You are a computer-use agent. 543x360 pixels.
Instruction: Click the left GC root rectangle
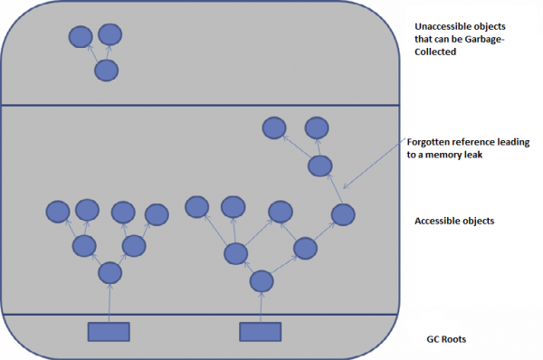[x=109, y=331]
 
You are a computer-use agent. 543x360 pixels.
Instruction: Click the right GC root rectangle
[x=261, y=331]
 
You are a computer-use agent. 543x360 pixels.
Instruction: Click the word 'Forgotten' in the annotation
[x=433, y=143]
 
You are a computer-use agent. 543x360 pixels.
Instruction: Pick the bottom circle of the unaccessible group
[x=107, y=71]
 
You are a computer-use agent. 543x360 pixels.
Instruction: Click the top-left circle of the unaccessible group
[x=80, y=38]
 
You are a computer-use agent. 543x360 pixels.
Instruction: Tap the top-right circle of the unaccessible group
[x=110, y=35]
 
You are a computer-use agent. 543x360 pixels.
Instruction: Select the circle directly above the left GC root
[x=110, y=271]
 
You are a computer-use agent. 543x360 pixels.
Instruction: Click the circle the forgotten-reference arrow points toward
[x=342, y=215]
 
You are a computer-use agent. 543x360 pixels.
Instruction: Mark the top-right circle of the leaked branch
[x=316, y=128]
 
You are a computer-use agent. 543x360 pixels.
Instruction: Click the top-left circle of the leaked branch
[x=274, y=128]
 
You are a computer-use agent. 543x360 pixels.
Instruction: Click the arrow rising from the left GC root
[x=109, y=303]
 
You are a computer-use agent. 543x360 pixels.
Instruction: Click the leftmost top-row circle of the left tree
[x=58, y=213]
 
